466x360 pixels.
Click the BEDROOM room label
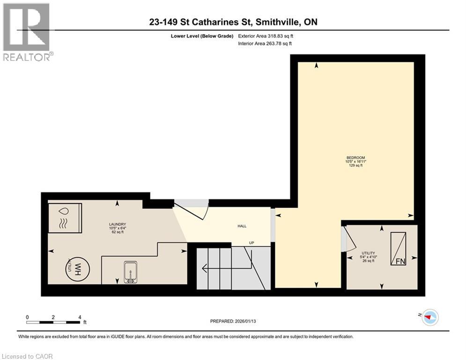[355, 157]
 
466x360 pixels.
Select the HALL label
[242, 226]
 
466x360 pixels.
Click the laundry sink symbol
[128, 272]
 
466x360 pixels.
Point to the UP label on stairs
[251, 243]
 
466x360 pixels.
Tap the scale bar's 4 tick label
[80, 317]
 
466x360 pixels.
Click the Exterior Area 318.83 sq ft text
[266, 36]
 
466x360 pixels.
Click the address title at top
[233, 22]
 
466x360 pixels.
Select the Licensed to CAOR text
[27, 356]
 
